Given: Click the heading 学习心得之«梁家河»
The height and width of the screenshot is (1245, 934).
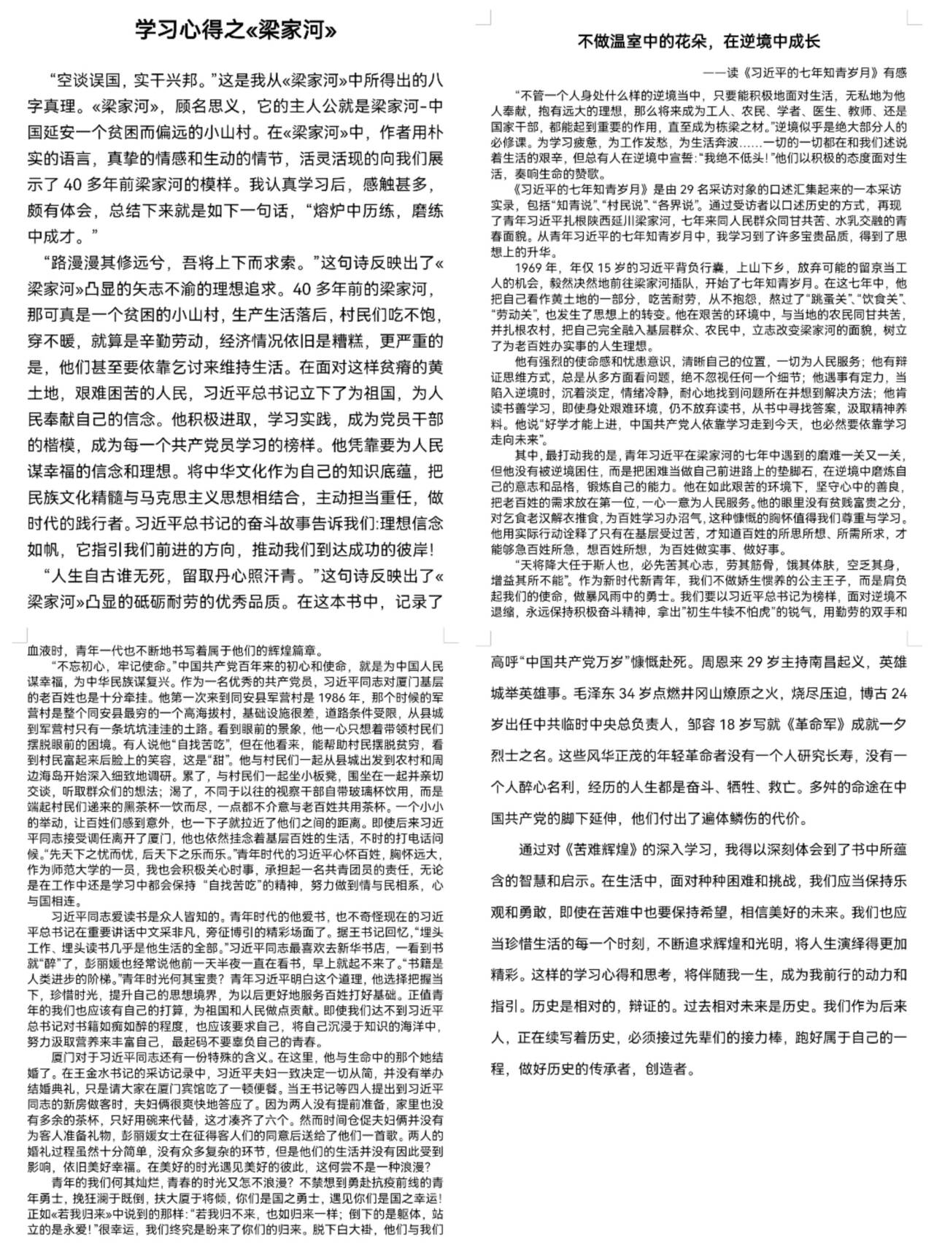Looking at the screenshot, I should point(236,30).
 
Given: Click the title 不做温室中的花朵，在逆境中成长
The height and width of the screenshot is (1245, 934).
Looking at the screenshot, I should point(698,41).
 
